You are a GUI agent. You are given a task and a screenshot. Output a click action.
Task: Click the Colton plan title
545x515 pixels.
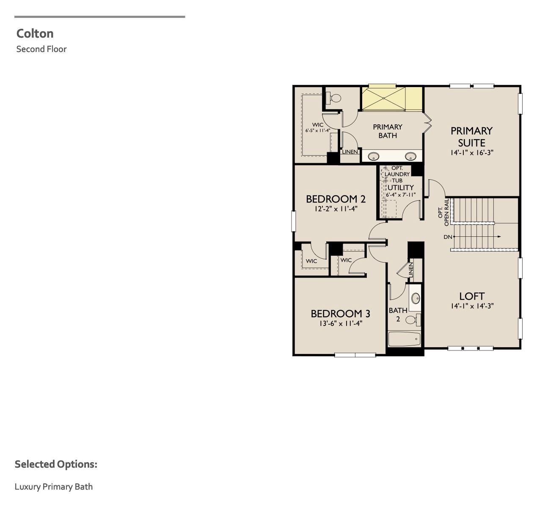coord(35,33)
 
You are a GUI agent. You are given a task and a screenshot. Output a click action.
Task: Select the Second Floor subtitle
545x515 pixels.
coord(41,49)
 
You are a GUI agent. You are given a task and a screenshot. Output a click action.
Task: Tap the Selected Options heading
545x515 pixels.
coord(56,464)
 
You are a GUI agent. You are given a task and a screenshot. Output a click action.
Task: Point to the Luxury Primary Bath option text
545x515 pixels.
coord(54,486)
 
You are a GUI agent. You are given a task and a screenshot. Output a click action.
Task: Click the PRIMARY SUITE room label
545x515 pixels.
coord(471,137)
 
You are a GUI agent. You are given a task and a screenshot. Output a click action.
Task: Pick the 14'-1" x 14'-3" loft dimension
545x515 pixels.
coord(472,306)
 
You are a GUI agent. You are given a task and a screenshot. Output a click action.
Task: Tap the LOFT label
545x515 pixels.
coord(472,296)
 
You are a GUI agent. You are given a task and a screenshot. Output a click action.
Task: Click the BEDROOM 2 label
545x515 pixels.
coord(336,199)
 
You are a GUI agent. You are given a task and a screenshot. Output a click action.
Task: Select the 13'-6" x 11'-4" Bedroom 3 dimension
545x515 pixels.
coord(341,324)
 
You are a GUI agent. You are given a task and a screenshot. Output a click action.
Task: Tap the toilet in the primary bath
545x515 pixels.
coord(335,99)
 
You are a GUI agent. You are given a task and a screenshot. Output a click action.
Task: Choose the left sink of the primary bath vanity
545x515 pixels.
coord(373,156)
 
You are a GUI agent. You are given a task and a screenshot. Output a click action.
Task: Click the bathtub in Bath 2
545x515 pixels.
coord(405,339)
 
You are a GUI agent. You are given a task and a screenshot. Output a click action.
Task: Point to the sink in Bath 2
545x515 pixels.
coord(416,298)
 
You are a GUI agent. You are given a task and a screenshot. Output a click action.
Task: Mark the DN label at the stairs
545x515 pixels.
coord(448,237)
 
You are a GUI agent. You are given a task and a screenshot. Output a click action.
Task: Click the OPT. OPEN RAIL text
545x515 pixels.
coord(443,212)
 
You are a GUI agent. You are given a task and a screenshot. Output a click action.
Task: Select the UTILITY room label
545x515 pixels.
coord(401,188)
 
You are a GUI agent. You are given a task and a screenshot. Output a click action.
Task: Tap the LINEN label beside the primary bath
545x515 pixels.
coord(350,152)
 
